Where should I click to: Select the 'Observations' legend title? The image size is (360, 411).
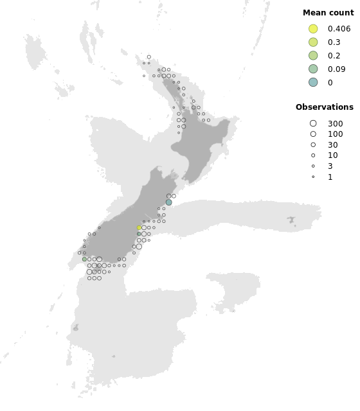[324, 107]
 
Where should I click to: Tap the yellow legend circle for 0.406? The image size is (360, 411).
[313, 29]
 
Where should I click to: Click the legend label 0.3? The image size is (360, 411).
[334, 42]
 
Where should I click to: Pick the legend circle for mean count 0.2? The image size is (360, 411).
[313, 56]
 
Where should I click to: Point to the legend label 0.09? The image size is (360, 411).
[336, 69]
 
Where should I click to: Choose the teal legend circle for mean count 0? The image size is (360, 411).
[313, 82]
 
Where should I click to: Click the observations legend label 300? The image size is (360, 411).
[335, 123]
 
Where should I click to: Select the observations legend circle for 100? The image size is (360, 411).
[313, 134]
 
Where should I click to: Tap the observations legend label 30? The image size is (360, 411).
[332, 145]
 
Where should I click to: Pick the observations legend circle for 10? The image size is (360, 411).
[313, 155]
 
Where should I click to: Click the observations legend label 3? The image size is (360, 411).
[330, 166]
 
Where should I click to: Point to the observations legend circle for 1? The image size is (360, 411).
[313, 177]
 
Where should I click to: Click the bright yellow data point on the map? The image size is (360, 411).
[139, 228]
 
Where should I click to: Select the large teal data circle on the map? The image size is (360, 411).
[169, 202]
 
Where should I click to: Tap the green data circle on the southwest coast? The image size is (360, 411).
[84, 259]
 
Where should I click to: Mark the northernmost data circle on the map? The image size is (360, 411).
[149, 57]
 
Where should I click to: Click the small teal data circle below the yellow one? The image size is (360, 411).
[139, 234]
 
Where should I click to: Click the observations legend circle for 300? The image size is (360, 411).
[313, 123]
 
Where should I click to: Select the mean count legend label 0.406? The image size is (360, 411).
[339, 29]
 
